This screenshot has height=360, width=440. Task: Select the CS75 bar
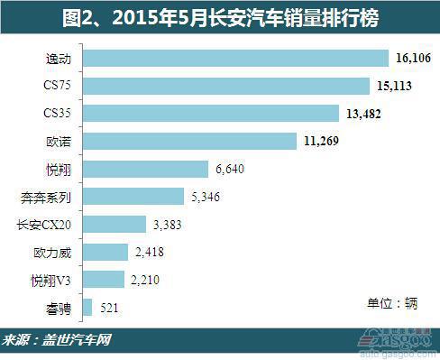(225, 86)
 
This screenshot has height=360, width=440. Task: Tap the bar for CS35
(211, 114)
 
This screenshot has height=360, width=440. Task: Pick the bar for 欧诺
(189, 141)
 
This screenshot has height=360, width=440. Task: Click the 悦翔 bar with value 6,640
(144, 169)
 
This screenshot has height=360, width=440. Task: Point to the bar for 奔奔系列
(133, 197)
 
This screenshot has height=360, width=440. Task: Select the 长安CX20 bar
(114, 224)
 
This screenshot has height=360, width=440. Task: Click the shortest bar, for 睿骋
(87, 308)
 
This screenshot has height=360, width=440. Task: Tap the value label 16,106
(413, 59)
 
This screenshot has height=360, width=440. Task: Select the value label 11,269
(323, 141)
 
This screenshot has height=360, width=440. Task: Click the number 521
(110, 308)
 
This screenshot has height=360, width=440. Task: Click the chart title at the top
(220, 16)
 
